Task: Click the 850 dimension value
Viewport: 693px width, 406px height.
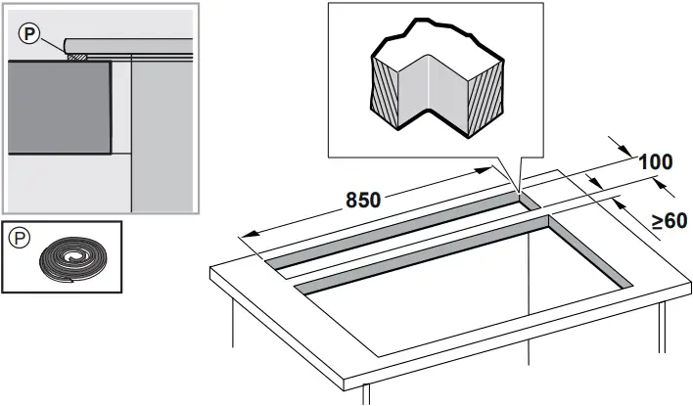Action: (x=362, y=200)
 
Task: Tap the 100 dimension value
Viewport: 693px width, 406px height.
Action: (x=655, y=162)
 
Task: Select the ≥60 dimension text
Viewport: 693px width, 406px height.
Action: (x=670, y=221)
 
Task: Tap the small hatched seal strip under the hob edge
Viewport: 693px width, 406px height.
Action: (x=77, y=57)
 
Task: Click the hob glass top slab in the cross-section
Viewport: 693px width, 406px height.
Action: (x=127, y=44)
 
